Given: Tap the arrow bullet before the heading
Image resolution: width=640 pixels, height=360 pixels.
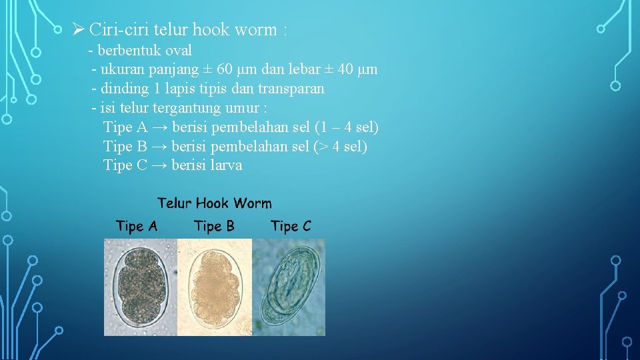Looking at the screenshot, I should pyautogui.click(x=77, y=29).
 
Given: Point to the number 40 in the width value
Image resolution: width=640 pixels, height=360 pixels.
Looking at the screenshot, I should pyautogui.click(x=343, y=69).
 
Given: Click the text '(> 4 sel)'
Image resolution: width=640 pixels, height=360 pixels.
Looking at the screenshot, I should pyautogui.click(x=340, y=147).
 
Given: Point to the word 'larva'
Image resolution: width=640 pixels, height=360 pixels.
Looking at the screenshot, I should pyautogui.click(x=226, y=165).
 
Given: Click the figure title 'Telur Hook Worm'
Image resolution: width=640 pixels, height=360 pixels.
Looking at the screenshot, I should pyautogui.click(x=214, y=203).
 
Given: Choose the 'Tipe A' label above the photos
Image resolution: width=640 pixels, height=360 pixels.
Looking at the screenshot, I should pyautogui.click(x=137, y=227).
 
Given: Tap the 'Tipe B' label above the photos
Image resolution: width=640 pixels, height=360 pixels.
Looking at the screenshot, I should pyautogui.click(x=214, y=227).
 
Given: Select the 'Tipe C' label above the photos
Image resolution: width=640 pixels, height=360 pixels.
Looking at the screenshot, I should pyautogui.click(x=291, y=227).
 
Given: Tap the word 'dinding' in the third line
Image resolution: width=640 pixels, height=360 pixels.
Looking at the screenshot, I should pyautogui.click(x=122, y=89).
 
